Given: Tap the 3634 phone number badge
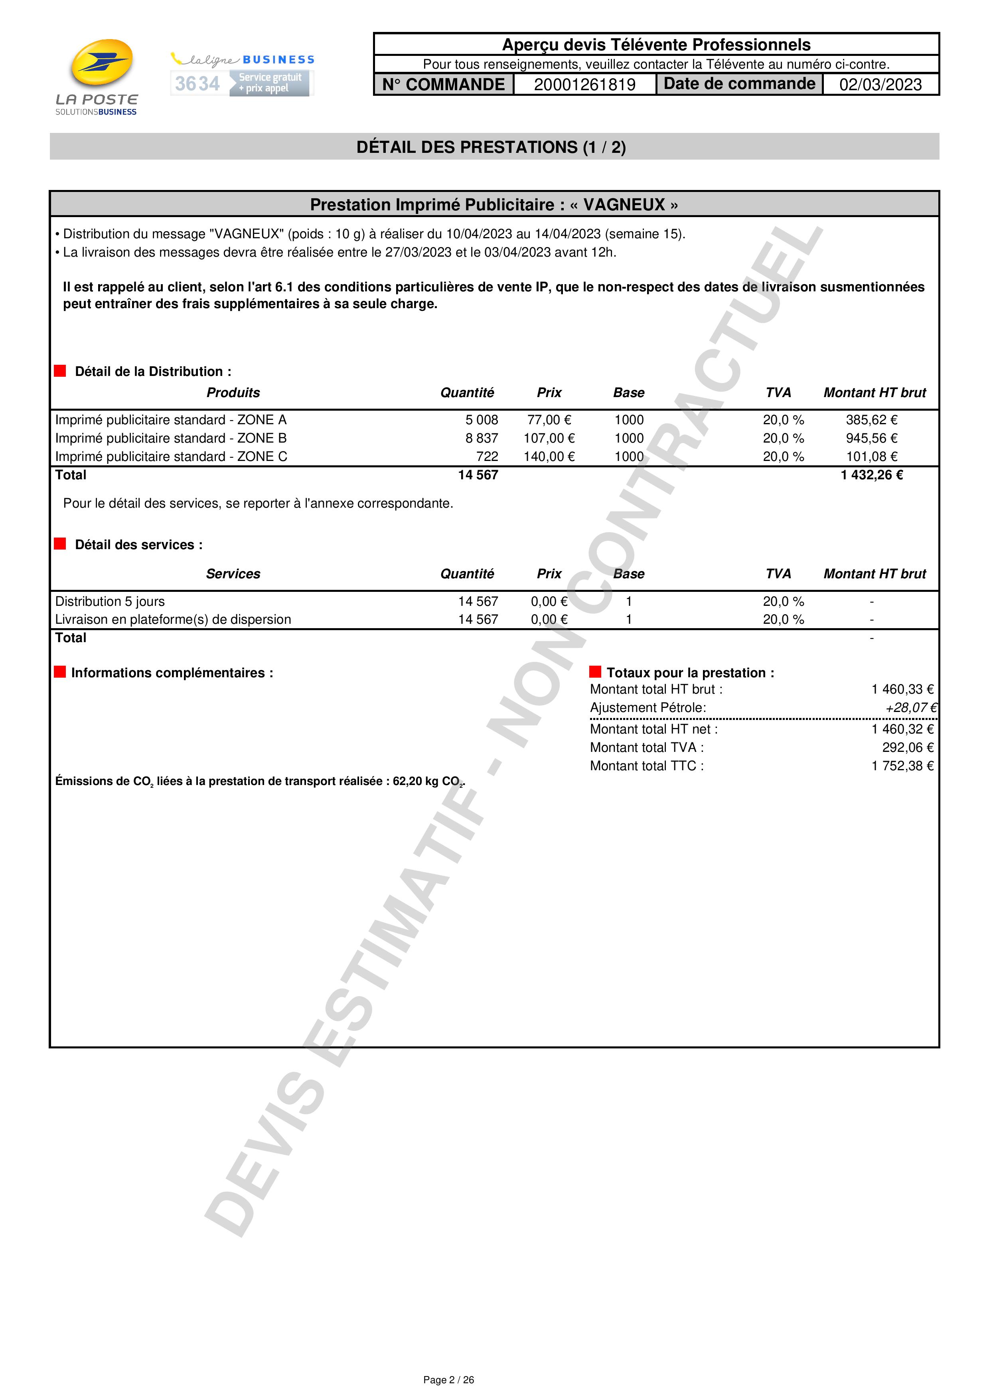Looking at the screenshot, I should pos(197,83).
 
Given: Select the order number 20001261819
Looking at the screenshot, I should pos(584,85).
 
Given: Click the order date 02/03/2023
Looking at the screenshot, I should pos(880,85).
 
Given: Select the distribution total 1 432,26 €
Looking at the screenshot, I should pos(871,475).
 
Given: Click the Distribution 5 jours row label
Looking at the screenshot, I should pos(110,601).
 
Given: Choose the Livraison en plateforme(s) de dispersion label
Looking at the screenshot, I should pos(173,619).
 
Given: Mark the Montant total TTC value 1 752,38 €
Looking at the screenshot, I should pos(902,766).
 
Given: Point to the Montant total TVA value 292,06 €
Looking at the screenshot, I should pos(907,747).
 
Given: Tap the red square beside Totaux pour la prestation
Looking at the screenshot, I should pos(595,672).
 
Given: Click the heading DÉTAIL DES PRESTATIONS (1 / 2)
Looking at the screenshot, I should pos(491,147).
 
